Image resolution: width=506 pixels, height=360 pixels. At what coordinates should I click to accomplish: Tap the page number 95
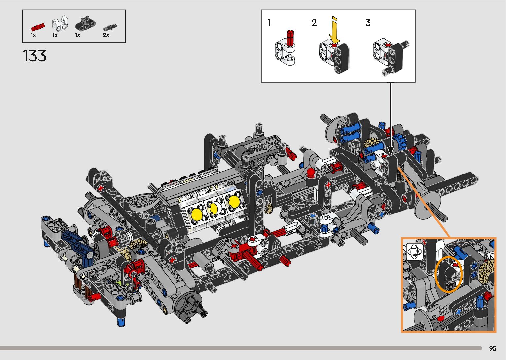click(493, 348)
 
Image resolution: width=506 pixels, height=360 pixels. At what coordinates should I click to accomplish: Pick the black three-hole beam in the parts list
click(85, 23)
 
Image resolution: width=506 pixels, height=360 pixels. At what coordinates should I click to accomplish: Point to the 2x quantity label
click(106, 35)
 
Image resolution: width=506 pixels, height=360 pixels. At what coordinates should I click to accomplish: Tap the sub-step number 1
click(269, 23)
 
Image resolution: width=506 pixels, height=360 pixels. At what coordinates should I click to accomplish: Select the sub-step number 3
click(368, 23)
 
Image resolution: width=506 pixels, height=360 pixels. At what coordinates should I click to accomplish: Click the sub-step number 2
click(314, 23)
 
